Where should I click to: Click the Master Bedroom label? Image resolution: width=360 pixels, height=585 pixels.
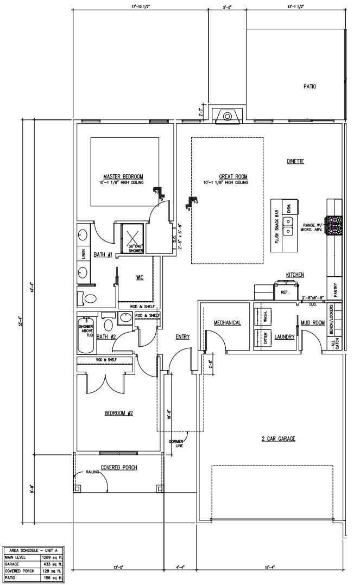pos(123,176)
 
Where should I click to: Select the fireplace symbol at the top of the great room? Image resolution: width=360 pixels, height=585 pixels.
pos(228,116)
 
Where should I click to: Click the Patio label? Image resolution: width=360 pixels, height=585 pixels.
pos(310,86)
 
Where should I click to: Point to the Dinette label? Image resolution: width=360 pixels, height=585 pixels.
pos(295,161)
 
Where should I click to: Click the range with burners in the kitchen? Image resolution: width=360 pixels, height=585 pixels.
pos(334,224)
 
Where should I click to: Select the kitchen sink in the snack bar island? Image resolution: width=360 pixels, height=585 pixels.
pos(288,227)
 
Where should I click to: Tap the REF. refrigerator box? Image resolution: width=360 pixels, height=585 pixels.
pos(283,292)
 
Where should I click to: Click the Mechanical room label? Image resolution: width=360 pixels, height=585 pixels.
pos(227,323)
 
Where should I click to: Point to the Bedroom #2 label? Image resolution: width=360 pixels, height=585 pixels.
pos(119,413)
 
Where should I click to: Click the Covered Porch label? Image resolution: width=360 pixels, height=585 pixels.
pos(118,467)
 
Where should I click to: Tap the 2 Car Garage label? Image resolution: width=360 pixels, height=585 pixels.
pos(278,438)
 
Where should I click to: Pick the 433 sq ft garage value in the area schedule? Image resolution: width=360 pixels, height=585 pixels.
pos(52,564)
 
